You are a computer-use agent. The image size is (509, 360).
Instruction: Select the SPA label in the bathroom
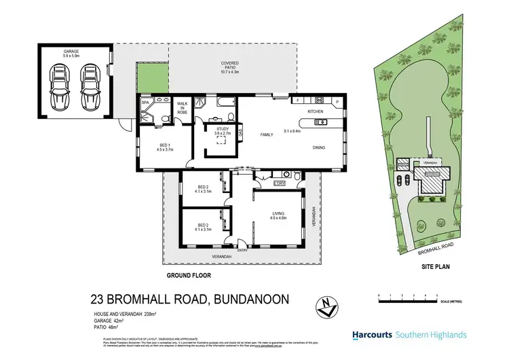145,103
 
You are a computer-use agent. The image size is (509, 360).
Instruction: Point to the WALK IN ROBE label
182,108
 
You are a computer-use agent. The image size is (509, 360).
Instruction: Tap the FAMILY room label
267,135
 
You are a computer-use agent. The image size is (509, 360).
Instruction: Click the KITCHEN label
316,111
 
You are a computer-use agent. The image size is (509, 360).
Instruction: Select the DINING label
320,147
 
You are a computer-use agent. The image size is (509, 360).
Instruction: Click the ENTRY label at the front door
243,251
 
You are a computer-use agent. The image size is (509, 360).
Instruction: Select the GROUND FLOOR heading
189,276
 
